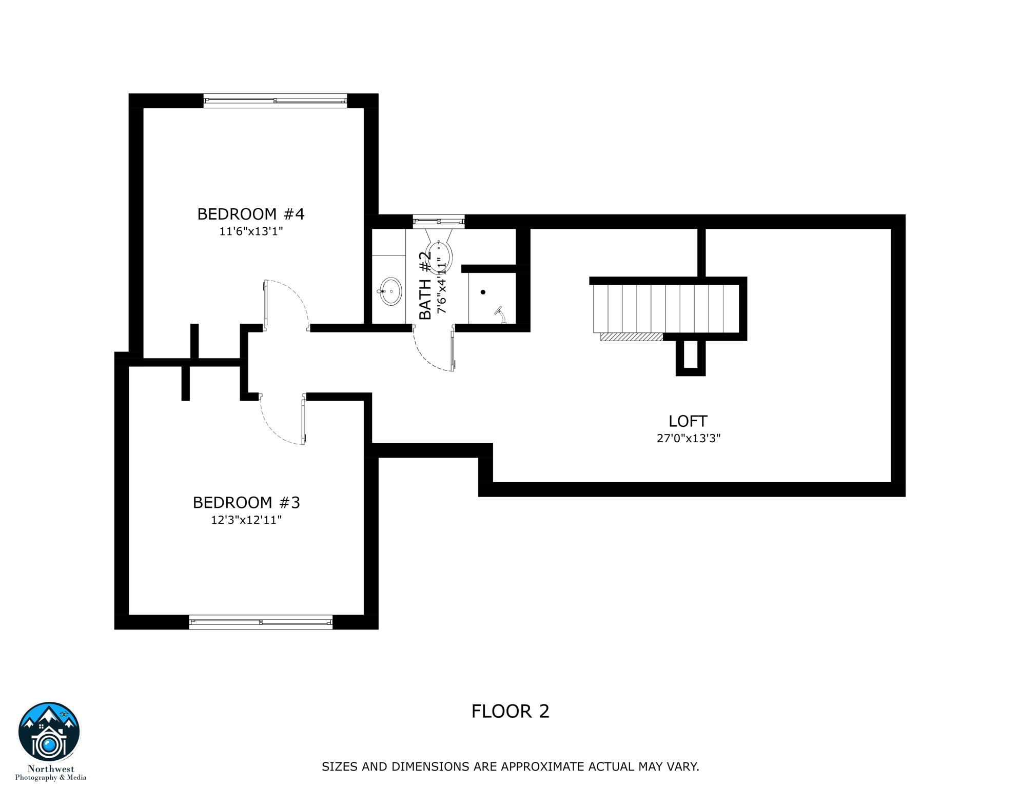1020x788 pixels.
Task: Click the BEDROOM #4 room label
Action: pos(251,214)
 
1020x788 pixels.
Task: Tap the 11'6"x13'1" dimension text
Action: pos(251,231)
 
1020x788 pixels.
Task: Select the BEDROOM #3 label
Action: pos(246,502)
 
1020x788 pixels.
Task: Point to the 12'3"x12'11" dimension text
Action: pos(246,520)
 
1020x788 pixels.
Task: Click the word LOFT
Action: pos(688,421)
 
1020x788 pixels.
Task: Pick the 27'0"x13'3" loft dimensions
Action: pos(689,438)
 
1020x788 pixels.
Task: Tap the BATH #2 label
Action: pos(425,285)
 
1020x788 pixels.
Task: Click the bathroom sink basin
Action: pos(391,291)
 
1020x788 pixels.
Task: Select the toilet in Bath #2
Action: pos(439,254)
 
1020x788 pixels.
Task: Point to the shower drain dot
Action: pos(483,292)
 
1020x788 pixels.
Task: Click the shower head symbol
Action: pos(499,312)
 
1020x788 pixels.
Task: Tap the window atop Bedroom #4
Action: pos(275,101)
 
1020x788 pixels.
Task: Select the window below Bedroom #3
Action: pos(261,622)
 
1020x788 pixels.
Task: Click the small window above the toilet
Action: pos(439,221)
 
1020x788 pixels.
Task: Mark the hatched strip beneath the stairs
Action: pos(632,337)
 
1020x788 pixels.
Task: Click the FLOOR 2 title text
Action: pos(510,711)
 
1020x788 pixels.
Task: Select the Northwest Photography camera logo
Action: pos(49,732)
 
